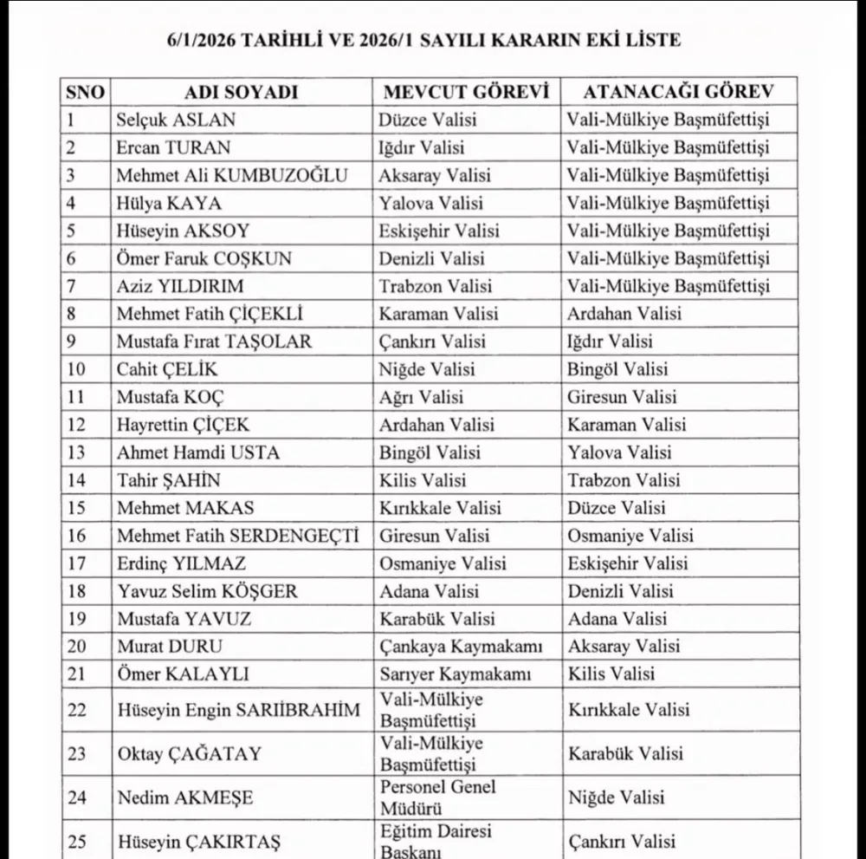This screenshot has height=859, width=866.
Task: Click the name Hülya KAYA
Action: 169,204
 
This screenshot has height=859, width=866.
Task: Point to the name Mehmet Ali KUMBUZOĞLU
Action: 232,176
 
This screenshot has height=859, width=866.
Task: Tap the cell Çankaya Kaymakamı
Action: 461,646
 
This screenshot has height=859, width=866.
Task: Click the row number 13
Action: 77,452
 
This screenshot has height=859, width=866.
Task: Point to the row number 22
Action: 77,710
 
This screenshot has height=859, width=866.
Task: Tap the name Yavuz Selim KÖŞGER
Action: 207,591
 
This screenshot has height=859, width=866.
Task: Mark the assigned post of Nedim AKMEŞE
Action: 616,797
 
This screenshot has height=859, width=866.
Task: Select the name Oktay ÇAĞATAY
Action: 189,753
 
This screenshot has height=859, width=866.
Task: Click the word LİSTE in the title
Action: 650,40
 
